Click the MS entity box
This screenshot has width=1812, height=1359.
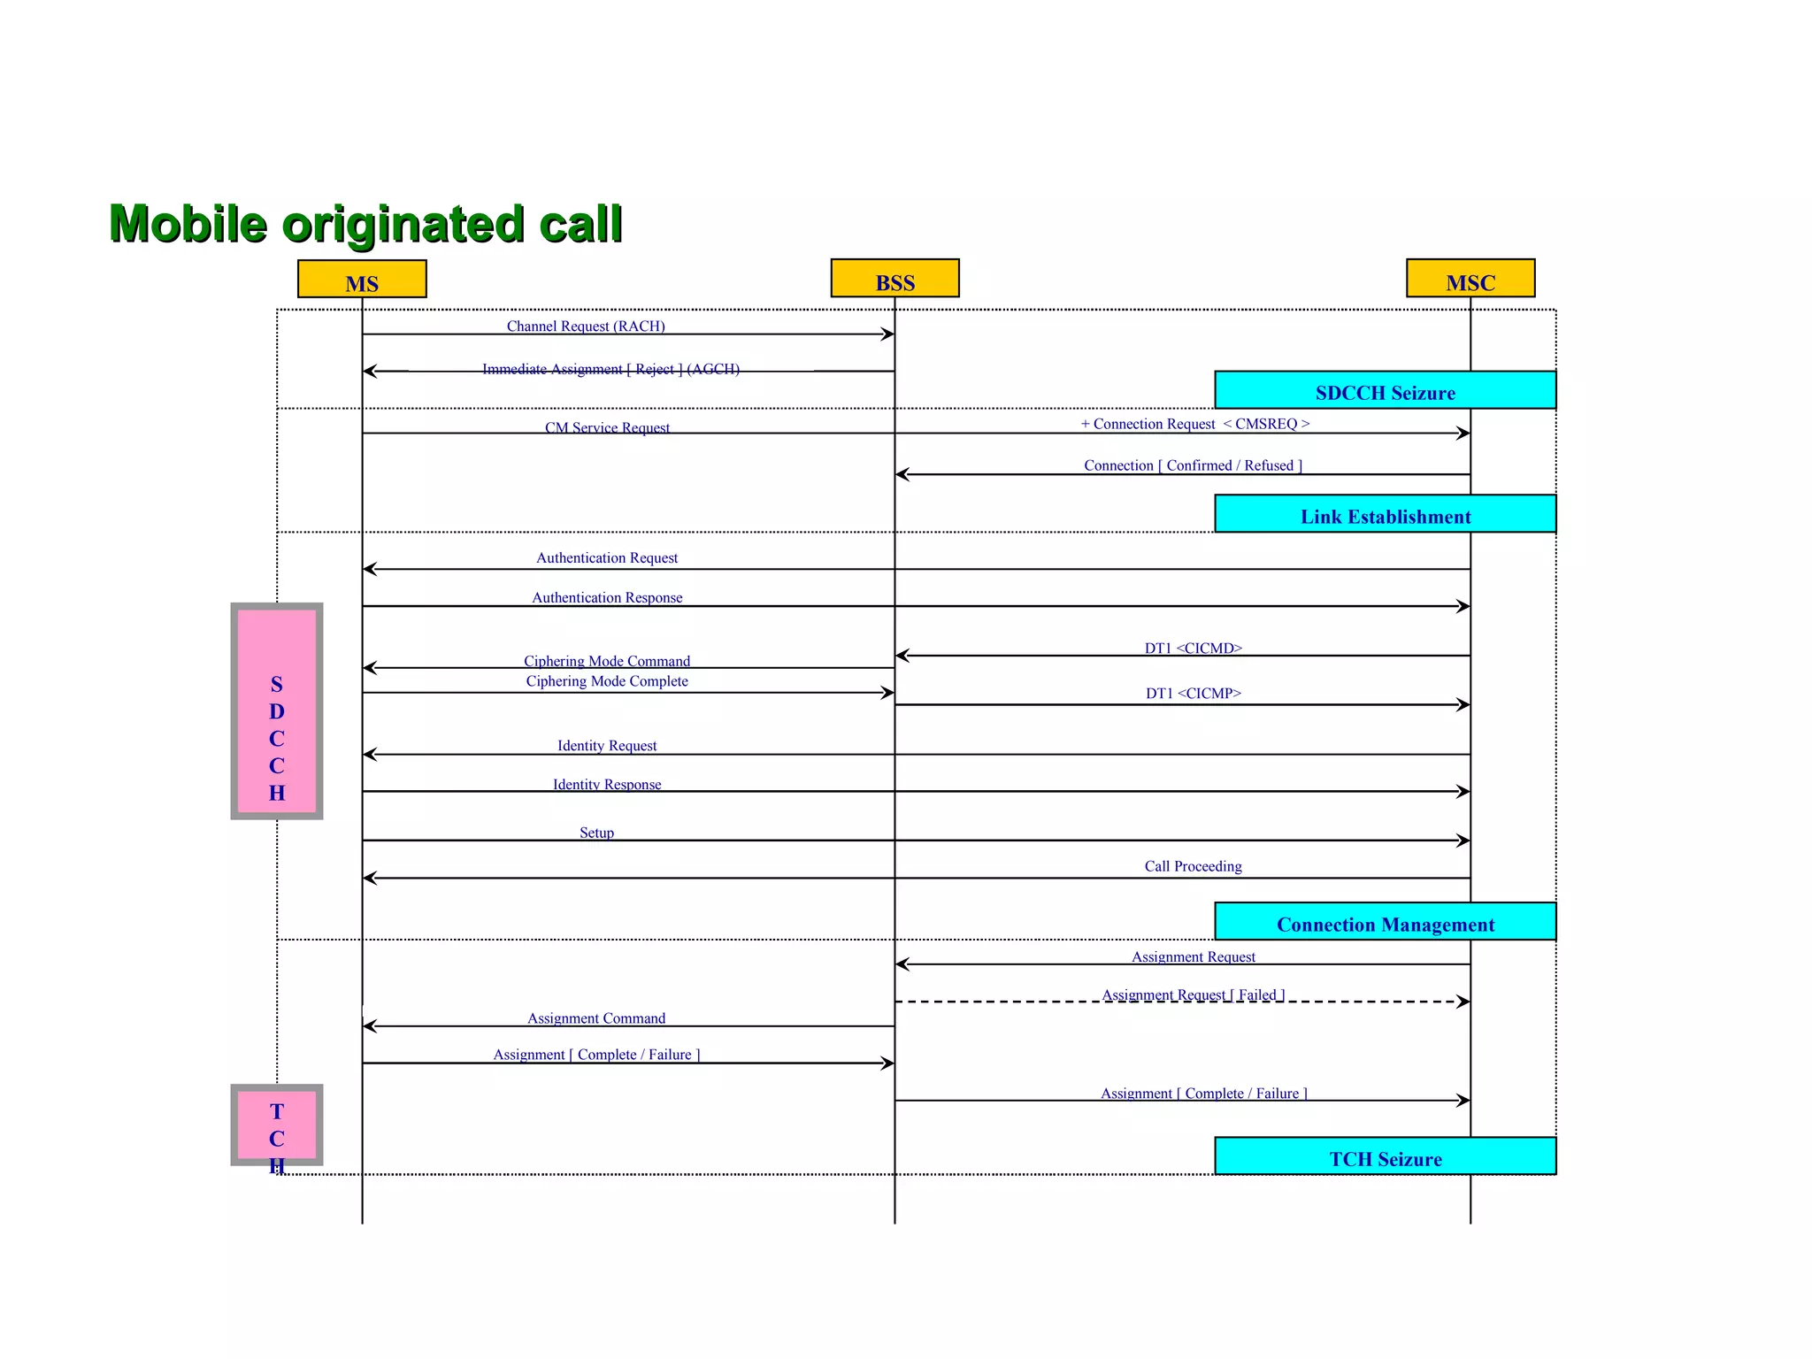(362, 280)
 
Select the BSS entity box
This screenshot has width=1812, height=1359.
(894, 279)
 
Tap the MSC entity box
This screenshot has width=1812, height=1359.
(1470, 279)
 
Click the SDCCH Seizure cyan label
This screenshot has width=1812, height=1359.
(1385, 391)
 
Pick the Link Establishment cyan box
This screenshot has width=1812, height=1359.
(1385, 515)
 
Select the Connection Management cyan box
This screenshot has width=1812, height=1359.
(1385, 923)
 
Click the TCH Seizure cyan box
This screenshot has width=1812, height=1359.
(1385, 1157)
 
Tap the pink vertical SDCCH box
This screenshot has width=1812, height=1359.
(277, 711)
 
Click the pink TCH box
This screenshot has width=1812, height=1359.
(277, 1125)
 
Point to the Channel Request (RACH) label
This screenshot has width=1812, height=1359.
(586, 326)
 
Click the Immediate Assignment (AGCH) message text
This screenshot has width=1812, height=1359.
(610, 369)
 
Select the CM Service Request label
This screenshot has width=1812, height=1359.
(607, 427)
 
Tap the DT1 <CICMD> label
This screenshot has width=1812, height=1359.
(1193, 648)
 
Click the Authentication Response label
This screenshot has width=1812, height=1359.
(607, 597)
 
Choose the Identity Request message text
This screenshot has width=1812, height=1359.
(607, 745)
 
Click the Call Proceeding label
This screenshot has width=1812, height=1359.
(1193, 866)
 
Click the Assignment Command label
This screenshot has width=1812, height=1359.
(596, 1017)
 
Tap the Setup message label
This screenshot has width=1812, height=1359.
(596, 832)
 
